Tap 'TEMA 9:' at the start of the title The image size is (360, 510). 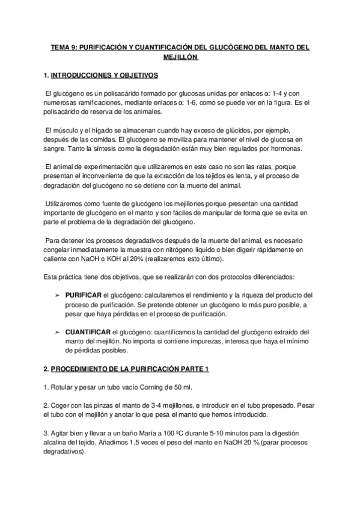pyautogui.click(x=61, y=49)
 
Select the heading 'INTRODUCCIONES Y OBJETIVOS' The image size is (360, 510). pyautogui.click(x=104, y=76)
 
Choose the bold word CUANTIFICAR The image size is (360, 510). pyautogui.click(x=87, y=331)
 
